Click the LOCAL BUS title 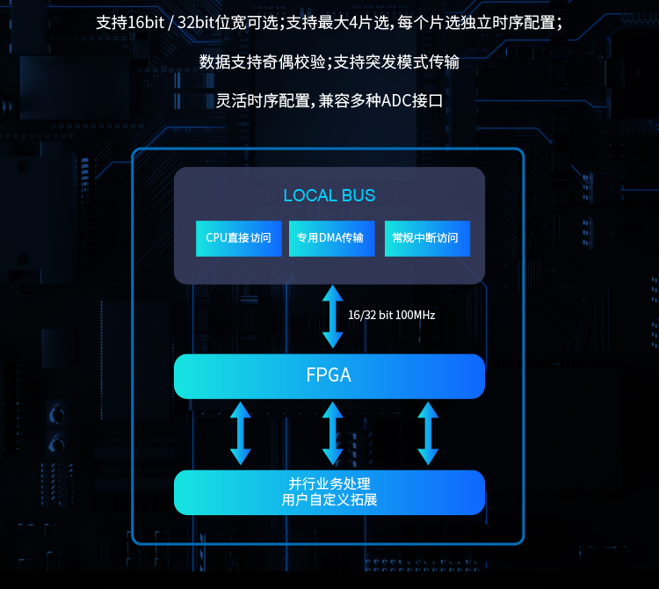(329, 195)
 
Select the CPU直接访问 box (239, 238)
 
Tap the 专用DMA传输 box (331, 238)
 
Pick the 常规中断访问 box (427, 238)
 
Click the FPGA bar (329, 376)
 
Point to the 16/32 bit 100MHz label (391, 316)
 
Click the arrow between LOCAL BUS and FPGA (333, 316)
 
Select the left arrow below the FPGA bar (241, 433)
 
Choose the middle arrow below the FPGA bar (333, 433)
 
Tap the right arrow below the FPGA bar (428, 433)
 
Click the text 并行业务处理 (329, 484)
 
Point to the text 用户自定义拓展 (329, 500)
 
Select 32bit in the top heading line (196, 23)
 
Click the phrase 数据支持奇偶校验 (262, 62)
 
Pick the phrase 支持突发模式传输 (396, 62)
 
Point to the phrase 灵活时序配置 (263, 101)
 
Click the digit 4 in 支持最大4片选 (353, 23)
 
